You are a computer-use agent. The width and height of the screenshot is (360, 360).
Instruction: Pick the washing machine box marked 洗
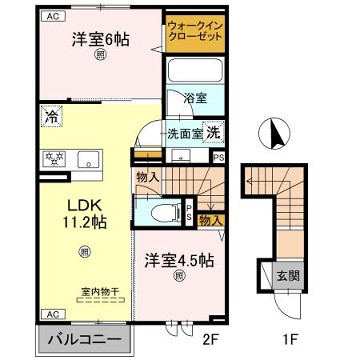pyautogui.click(x=213, y=134)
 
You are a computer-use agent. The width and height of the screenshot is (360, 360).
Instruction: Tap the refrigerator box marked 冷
pyautogui.click(x=51, y=117)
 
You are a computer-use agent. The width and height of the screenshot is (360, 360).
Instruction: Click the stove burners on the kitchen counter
pyautogui.click(x=52, y=157)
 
